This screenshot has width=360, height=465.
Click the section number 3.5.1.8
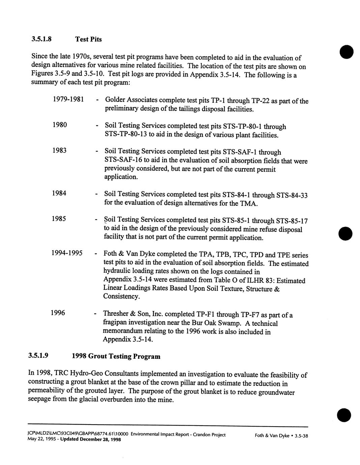(41, 39)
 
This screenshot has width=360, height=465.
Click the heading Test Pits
(88, 39)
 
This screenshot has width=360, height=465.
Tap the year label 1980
(60, 125)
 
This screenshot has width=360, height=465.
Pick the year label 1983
(59, 150)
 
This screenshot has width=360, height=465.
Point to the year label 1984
(59, 193)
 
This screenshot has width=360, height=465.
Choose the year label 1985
(59, 219)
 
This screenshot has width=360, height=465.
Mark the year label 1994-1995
(67, 253)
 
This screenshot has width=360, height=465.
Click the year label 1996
(58, 313)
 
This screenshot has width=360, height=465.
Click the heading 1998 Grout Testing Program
(116, 356)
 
